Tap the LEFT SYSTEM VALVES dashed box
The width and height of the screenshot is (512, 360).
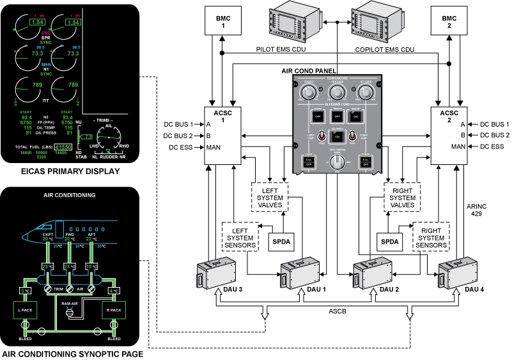pyautogui.click(x=270, y=195)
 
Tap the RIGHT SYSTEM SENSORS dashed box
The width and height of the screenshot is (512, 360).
pyautogui.click(x=431, y=236)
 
